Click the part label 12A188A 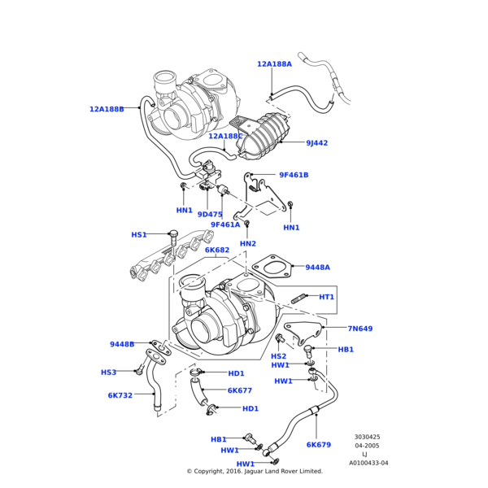pos(274,64)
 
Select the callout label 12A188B pos(107,109)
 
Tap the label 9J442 pos(317,143)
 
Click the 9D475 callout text pos(209,215)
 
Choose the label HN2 pos(247,244)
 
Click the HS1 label pos(139,235)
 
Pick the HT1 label pos(326,297)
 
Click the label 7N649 pos(359,329)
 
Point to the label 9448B pos(122,344)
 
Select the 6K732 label pos(120,395)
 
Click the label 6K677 pos(239,390)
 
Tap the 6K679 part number pos(318,445)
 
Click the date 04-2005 pos(367,446)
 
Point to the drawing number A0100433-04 pos(368,463)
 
